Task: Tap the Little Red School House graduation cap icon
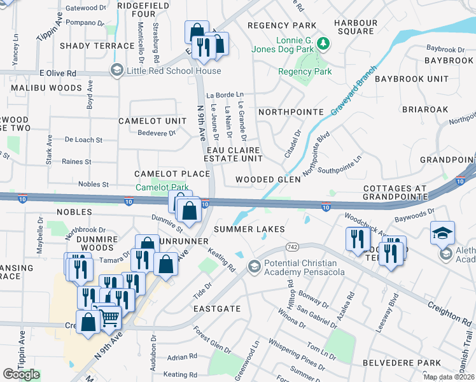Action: tap(116, 70)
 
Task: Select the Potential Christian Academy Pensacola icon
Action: tap(255, 265)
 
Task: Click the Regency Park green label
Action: tap(305, 72)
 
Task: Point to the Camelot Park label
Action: tap(162, 187)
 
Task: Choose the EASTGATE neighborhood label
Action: tap(218, 308)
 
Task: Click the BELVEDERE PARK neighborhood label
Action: tap(428, 362)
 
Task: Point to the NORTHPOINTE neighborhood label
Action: tap(291, 111)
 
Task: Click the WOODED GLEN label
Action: tap(267, 180)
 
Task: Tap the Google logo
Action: tap(21, 374)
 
